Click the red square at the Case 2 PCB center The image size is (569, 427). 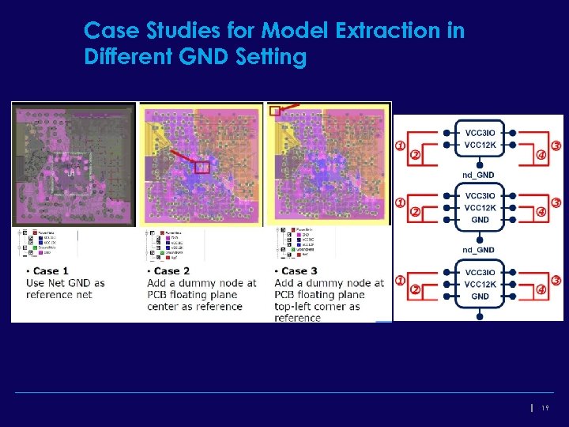(202, 167)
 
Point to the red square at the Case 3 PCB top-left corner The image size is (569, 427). (274, 111)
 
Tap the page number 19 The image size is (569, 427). (545, 407)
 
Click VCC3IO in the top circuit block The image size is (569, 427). (480, 132)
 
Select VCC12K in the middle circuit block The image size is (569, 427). (480, 208)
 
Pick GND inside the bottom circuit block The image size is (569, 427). (480, 297)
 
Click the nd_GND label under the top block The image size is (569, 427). (479, 175)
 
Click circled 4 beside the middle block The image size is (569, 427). (541, 211)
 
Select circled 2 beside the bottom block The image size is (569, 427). (416, 289)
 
